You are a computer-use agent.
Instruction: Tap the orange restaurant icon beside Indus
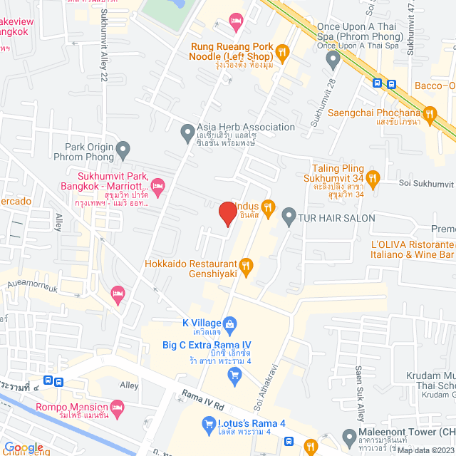pos(268,207)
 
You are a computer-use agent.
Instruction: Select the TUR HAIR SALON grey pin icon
pos(289,214)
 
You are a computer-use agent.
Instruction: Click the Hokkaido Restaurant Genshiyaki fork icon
pos(247,266)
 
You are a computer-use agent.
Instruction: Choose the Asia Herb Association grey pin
pos(187,131)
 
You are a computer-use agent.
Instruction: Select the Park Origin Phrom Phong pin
pos(123,150)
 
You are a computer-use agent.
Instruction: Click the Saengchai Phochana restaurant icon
pos(429,113)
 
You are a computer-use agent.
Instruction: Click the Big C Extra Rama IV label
pos(206,346)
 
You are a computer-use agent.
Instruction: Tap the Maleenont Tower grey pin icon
pos(348,436)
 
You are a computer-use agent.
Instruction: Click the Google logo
pos(23,447)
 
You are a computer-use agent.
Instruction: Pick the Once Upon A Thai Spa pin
pos(331,61)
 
